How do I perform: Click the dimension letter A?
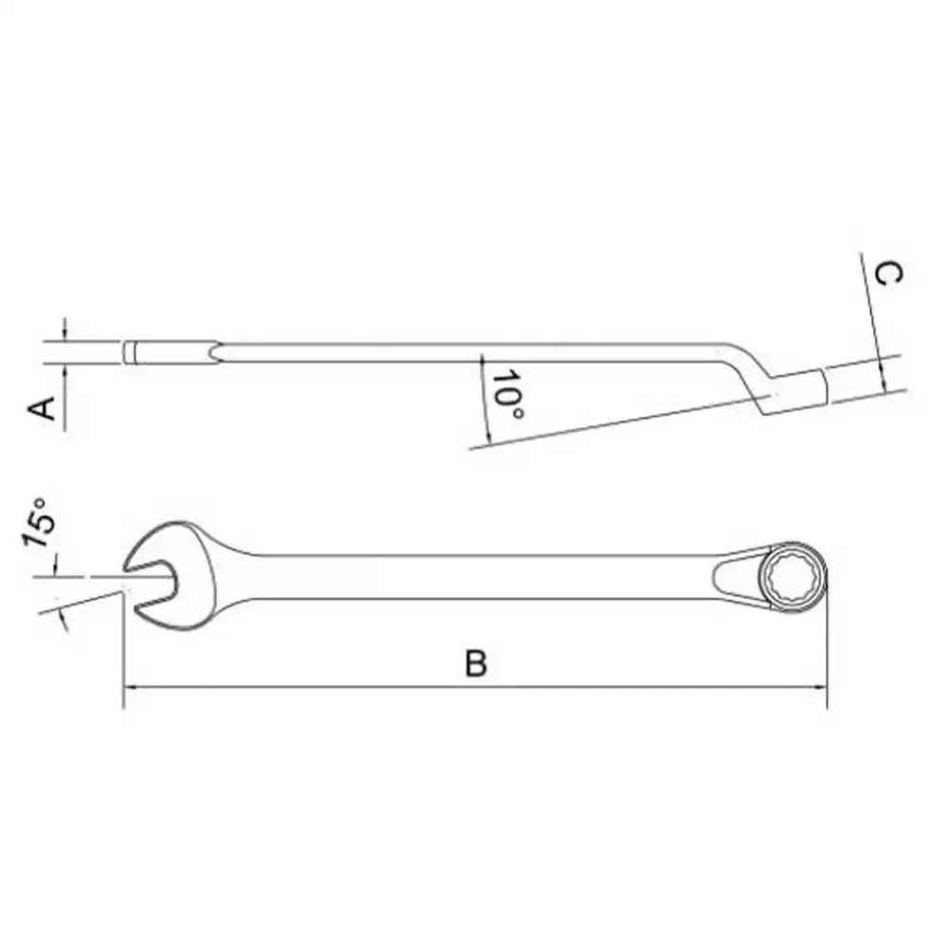pos(43,407)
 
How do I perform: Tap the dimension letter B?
pos(476,663)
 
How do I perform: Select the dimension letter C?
pos(888,274)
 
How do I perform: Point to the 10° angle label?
pos(509,394)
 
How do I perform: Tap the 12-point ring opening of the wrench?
pos(792,576)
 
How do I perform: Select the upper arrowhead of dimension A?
pos(65,335)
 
